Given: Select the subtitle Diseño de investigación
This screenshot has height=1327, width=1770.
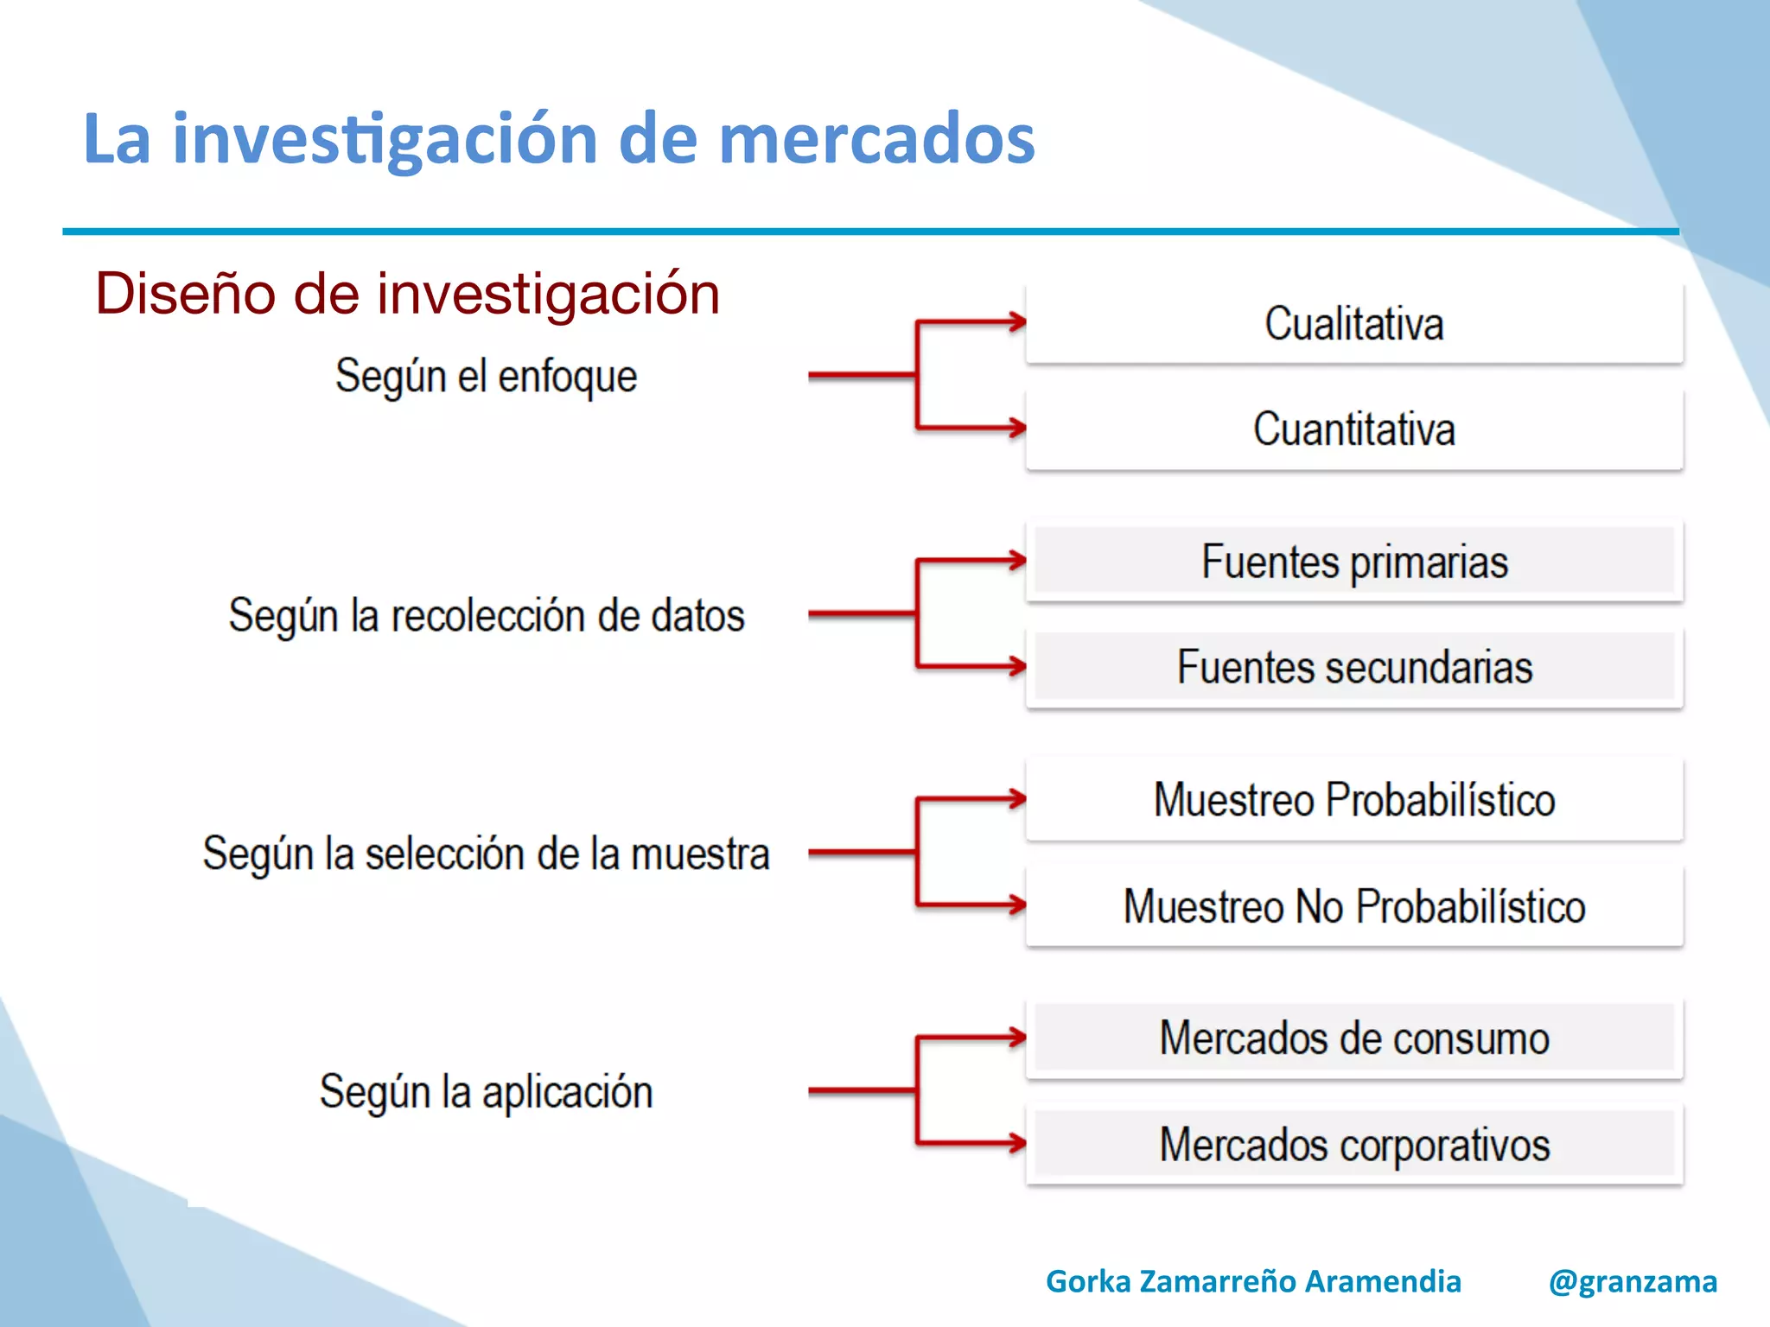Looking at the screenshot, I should point(407,294).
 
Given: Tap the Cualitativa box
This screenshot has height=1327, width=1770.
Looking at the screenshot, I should point(1354,324).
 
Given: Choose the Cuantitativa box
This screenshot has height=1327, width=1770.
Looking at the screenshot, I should point(1354,429).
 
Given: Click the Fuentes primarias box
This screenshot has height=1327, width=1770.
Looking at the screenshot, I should point(1354,562).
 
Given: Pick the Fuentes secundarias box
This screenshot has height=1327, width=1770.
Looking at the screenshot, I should point(1354,667).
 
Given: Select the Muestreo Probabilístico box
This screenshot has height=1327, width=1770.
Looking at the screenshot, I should point(1354,800).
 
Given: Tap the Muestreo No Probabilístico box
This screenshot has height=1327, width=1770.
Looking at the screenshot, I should point(1354,906).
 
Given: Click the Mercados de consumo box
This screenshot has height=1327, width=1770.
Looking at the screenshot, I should point(1354,1038).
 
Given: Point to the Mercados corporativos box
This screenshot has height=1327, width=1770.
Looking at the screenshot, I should point(1354,1145).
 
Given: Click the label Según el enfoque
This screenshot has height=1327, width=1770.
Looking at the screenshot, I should point(486,377).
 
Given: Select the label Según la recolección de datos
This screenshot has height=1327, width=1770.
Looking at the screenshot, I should point(486,616).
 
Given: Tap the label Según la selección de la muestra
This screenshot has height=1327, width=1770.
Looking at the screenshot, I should point(486,854).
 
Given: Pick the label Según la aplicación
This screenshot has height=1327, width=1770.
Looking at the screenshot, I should point(486,1092).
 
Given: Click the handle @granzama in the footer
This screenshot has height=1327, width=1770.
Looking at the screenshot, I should point(1633,1282).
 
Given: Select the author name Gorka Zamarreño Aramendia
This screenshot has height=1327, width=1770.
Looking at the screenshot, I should point(1253,1282).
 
